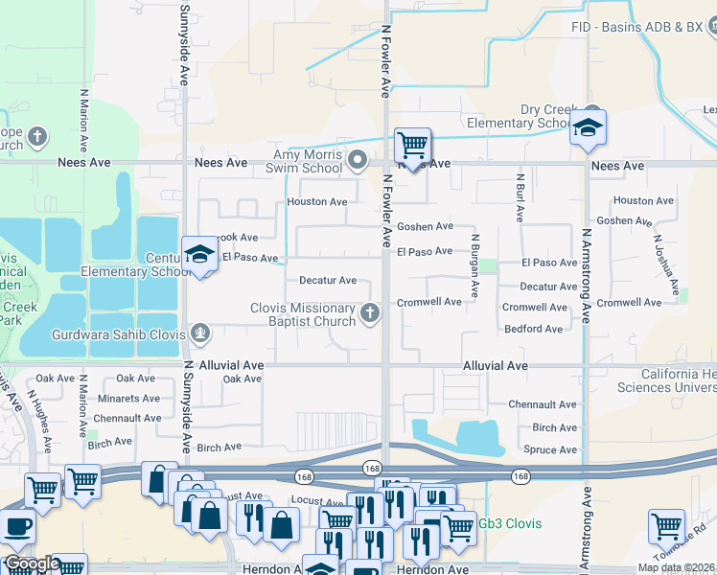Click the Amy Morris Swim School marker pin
click(x=358, y=159)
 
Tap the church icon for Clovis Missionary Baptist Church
click(x=369, y=313)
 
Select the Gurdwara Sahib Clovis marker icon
click(x=199, y=333)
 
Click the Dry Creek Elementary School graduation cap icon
click(x=587, y=126)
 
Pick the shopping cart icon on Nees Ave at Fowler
click(x=412, y=146)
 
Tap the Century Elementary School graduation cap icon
click(x=198, y=254)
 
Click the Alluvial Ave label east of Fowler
click(x=495, y=366)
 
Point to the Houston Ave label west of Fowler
click(x=317, y=202)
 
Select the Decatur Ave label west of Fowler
click(x=328, y=281)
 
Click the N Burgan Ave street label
click(x=474, y=266)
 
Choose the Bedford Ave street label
click(x=534, y=329)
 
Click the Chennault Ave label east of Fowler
click(x=543, y=404)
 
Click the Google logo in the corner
click(x=32, y=564)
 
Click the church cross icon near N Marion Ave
click(x=37, y=137)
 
